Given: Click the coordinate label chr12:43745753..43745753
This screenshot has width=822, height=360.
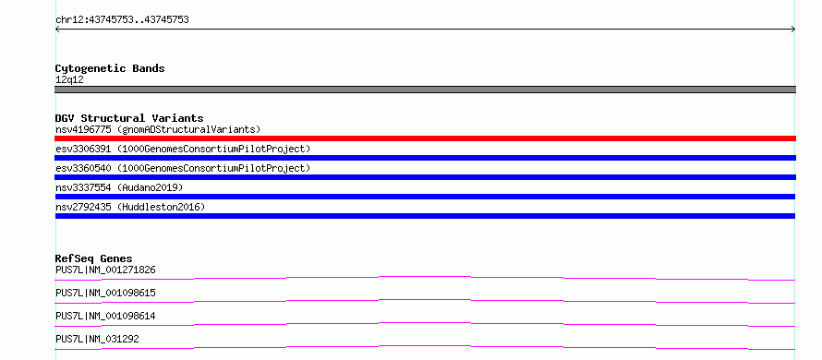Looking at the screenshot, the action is pos(122,20).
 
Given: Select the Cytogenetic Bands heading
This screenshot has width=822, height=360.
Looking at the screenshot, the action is pos(110,68).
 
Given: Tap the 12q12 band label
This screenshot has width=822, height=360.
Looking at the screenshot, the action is pos(69,80).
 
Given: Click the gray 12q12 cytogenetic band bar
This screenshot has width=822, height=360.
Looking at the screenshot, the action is pos(425,90).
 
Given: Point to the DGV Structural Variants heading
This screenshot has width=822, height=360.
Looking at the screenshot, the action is pos(129,118).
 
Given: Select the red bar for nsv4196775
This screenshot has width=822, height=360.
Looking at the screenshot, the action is pos(425,138).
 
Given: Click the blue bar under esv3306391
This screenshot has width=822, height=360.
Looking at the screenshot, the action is pos(425,158).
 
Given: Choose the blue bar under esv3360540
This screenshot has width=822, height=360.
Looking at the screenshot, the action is pos(425,177).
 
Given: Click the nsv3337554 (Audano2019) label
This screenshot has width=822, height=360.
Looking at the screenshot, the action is pos(119,187).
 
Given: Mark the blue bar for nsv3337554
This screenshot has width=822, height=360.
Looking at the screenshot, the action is pos(425,197).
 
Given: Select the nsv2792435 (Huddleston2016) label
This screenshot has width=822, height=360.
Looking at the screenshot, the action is pos(130,207).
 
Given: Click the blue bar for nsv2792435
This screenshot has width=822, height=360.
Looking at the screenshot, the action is pos(425,216).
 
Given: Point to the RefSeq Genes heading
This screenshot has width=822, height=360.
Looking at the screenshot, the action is pos(93,258).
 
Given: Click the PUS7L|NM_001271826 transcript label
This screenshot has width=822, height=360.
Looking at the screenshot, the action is pos(105,270).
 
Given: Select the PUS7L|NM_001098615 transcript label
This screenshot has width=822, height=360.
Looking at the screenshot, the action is pos(105,293).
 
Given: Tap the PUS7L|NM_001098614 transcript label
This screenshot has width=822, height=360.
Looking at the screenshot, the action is pos(105,316).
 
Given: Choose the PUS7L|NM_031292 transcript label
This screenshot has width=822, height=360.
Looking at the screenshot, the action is pos(97,339).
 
